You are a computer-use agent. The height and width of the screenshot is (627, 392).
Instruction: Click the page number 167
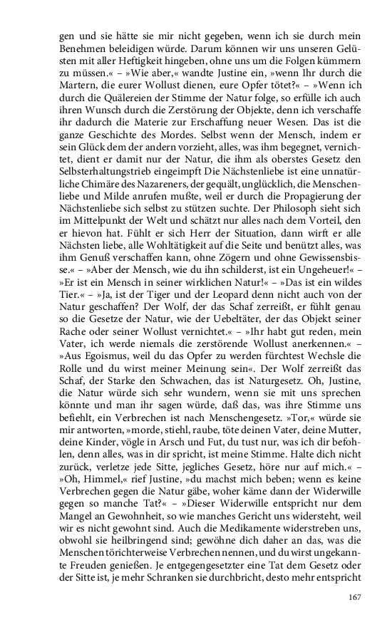point(355,598)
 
